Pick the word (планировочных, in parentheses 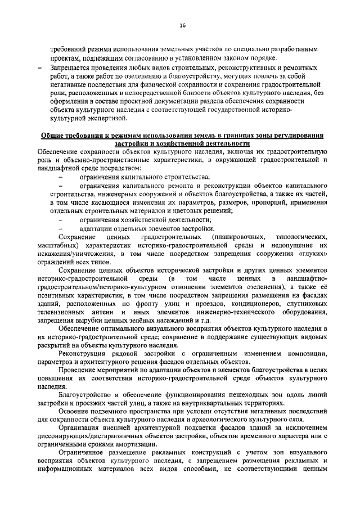coord(243,238)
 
